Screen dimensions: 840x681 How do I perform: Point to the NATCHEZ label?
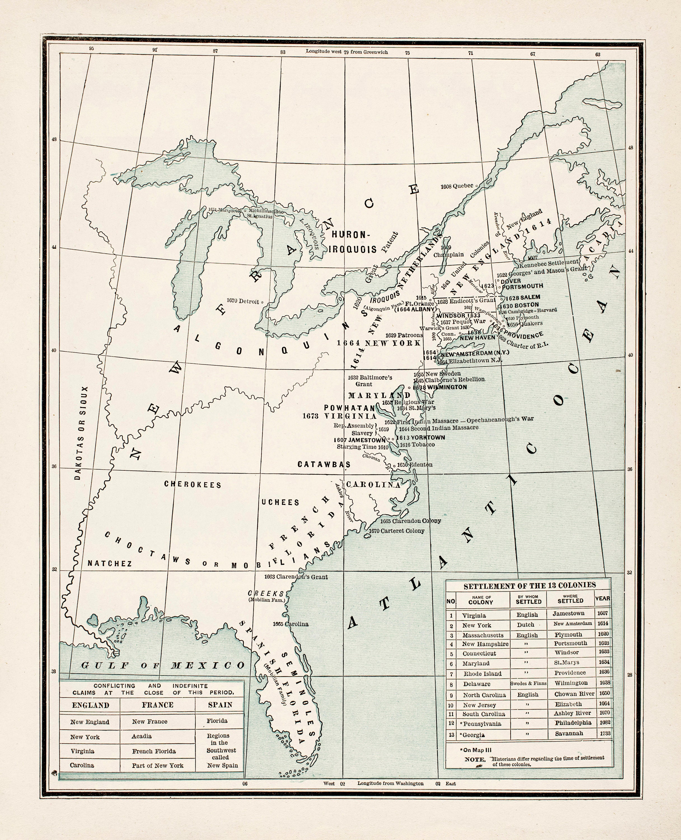click(x=109, y=564)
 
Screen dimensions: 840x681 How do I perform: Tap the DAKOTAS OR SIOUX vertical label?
click(x=81, y=433)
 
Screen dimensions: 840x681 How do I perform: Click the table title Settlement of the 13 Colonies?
click(x=529, y=586)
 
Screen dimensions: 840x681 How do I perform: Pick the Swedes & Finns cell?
click(x=528, y=683)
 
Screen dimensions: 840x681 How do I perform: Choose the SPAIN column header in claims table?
click(x=220, y=705)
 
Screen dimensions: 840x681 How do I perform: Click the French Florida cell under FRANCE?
click(x=153, y=751)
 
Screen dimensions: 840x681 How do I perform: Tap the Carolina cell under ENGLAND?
click(x=82, y=765)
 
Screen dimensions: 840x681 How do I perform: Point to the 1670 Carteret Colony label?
click(x=397, y=531)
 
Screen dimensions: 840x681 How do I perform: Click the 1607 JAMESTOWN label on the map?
click(x=360, y=440)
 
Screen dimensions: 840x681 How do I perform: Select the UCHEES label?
click(x=280, y=502)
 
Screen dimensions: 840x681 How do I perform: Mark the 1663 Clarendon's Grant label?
click(x=296, y=577)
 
